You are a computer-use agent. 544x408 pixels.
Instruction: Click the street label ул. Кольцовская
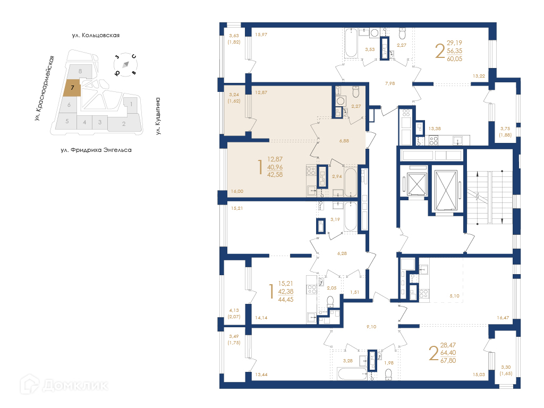(96, 35)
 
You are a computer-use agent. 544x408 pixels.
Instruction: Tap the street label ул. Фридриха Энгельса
(96, 150)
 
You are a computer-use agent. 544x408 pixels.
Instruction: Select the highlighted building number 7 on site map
(72, 88)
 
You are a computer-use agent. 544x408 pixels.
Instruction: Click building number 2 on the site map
(124, 123)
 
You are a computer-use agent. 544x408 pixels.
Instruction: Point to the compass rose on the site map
(125, 64)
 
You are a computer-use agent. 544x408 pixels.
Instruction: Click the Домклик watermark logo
(64, 385)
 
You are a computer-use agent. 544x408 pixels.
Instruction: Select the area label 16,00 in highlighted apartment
(237, 191)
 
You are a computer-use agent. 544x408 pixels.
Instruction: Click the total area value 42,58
(275, 174)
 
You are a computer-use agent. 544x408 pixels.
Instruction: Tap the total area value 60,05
(455, 58)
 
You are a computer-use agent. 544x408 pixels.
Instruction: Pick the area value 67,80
(448, 361)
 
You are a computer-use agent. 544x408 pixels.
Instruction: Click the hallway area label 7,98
(390, 83)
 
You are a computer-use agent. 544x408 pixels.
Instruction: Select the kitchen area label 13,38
(435, 129)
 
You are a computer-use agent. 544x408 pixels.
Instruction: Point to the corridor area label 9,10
(371, 327)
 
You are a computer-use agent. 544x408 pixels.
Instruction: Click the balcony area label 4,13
(234, 310)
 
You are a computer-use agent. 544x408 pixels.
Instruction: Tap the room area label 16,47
(503, 318)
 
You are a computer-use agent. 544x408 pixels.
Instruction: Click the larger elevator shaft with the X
(446, 190)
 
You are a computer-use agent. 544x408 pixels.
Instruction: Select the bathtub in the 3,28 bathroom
(352, 374)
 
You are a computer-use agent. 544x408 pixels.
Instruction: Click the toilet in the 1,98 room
(388, 373)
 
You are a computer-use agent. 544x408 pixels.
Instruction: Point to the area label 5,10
(455, 296)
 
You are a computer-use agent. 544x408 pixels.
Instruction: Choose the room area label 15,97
(261, 35)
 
